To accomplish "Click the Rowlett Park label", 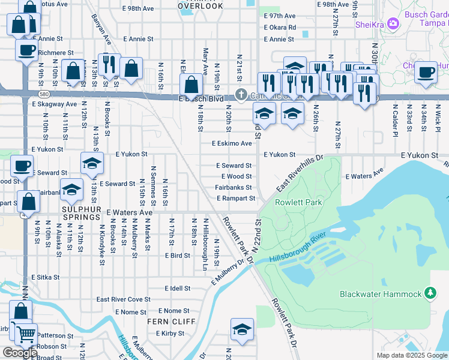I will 298,202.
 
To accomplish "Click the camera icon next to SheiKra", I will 394,24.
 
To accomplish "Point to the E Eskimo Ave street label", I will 232,143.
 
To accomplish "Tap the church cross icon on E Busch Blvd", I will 241,94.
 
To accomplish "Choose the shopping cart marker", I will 26,334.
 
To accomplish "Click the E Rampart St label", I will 236,198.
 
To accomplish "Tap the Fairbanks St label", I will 234,187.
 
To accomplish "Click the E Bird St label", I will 178,255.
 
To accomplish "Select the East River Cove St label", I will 123,299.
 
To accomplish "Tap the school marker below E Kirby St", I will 242,329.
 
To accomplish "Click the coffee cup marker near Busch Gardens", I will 426,72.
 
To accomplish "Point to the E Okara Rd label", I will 280,28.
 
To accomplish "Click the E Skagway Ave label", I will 55,104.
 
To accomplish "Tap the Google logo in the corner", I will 20,352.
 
